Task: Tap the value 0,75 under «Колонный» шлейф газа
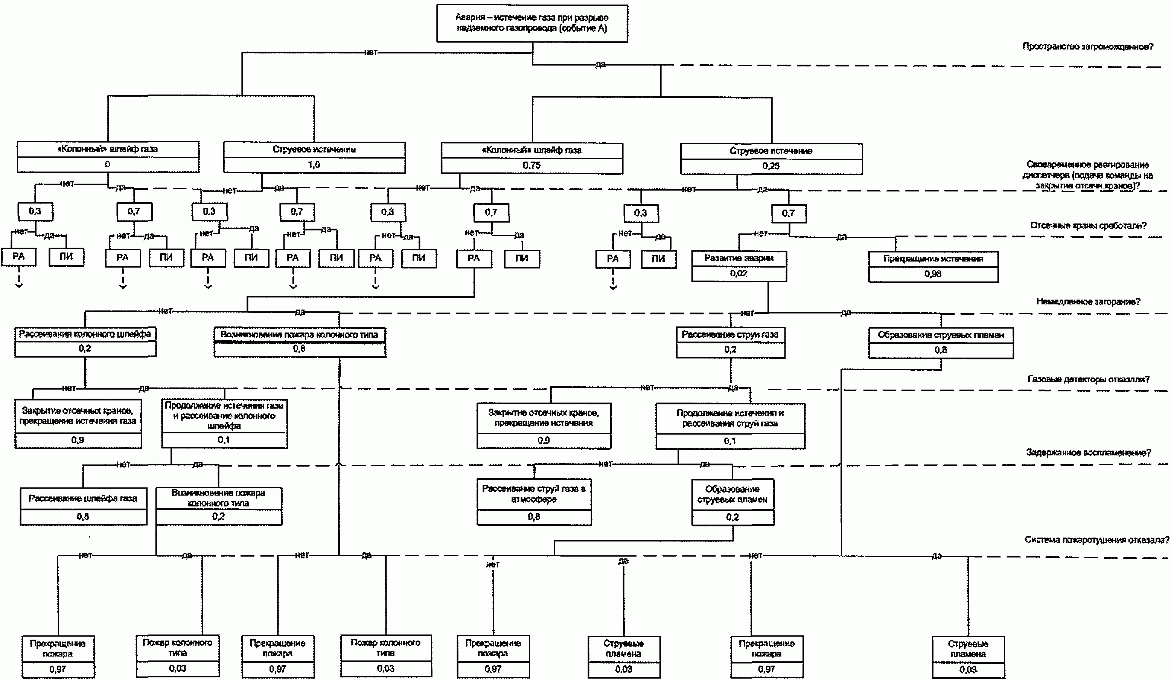531,165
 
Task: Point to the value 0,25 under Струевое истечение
771,166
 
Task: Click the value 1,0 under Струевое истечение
314,165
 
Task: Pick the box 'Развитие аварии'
739,259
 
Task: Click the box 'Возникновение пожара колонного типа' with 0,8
299,335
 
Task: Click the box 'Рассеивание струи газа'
730,335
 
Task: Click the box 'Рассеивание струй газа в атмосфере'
534,494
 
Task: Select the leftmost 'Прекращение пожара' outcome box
58,648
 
